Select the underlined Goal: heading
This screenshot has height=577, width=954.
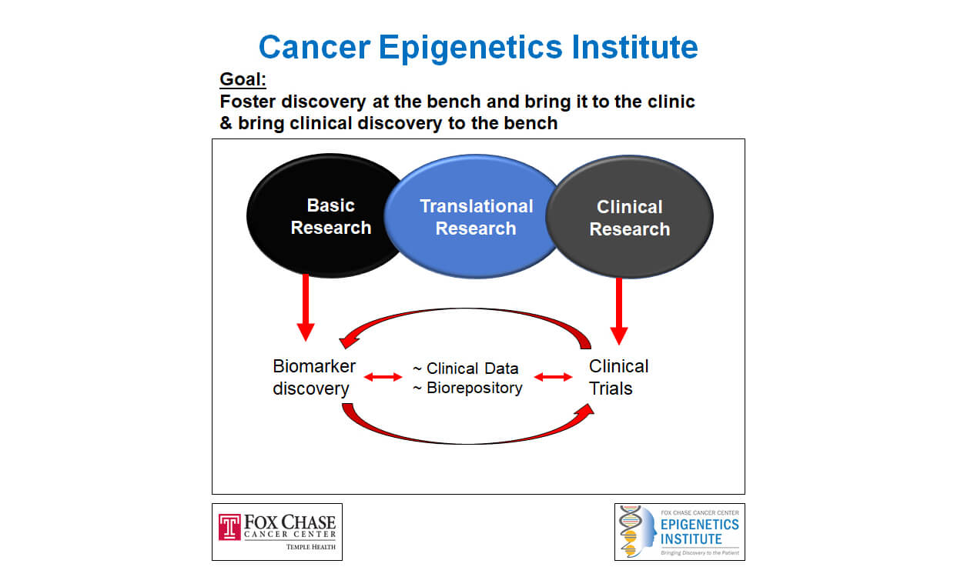[x=243, y=79]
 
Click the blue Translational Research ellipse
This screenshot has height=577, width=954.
[x=476, y=217]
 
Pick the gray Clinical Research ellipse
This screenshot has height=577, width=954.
[x=630, y=218]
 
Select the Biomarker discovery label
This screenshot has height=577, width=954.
[x=310, y=377]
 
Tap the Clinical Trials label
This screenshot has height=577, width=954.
[x=618, y=377]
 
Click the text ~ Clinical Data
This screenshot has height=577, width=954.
[x=466, y=368]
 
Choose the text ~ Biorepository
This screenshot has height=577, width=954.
[x=467, y=388]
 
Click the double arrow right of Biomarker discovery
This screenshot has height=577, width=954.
[x=383, y=377]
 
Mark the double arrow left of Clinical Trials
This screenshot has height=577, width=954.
[x=553, y=377]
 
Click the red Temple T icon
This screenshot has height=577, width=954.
[x=229, y=527]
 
